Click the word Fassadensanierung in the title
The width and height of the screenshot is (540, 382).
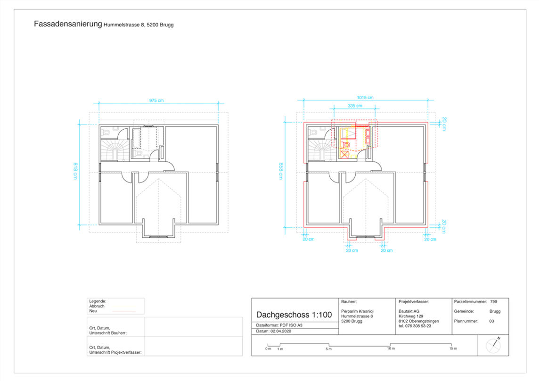tap(68, 24)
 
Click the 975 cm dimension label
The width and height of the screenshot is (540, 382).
tap(156, 100)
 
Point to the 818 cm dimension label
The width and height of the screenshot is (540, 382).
tap(75, 171)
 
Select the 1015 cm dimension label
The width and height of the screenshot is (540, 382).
tap(365, 98)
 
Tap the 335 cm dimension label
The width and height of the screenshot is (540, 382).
tap(355, 106)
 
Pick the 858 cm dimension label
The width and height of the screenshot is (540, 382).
tap(281, 171)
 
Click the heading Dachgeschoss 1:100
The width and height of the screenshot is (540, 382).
tap(294, 315)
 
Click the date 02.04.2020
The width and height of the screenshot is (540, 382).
tap(281, 331)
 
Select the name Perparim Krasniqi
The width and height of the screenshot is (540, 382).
tap(357, 311)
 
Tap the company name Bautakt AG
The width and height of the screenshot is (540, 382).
tap(409, 311)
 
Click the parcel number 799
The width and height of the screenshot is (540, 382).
tap(493, 302)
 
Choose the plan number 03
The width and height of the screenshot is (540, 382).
tap(491, 321)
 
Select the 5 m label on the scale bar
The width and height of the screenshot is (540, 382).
tap(329, 349)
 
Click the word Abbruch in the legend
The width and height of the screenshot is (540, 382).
tap(97, 306)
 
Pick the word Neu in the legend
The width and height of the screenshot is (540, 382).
tap(93, 311)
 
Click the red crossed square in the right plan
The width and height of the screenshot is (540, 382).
tap(344, 155)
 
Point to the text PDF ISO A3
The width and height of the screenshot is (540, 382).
tap(291, 325)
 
